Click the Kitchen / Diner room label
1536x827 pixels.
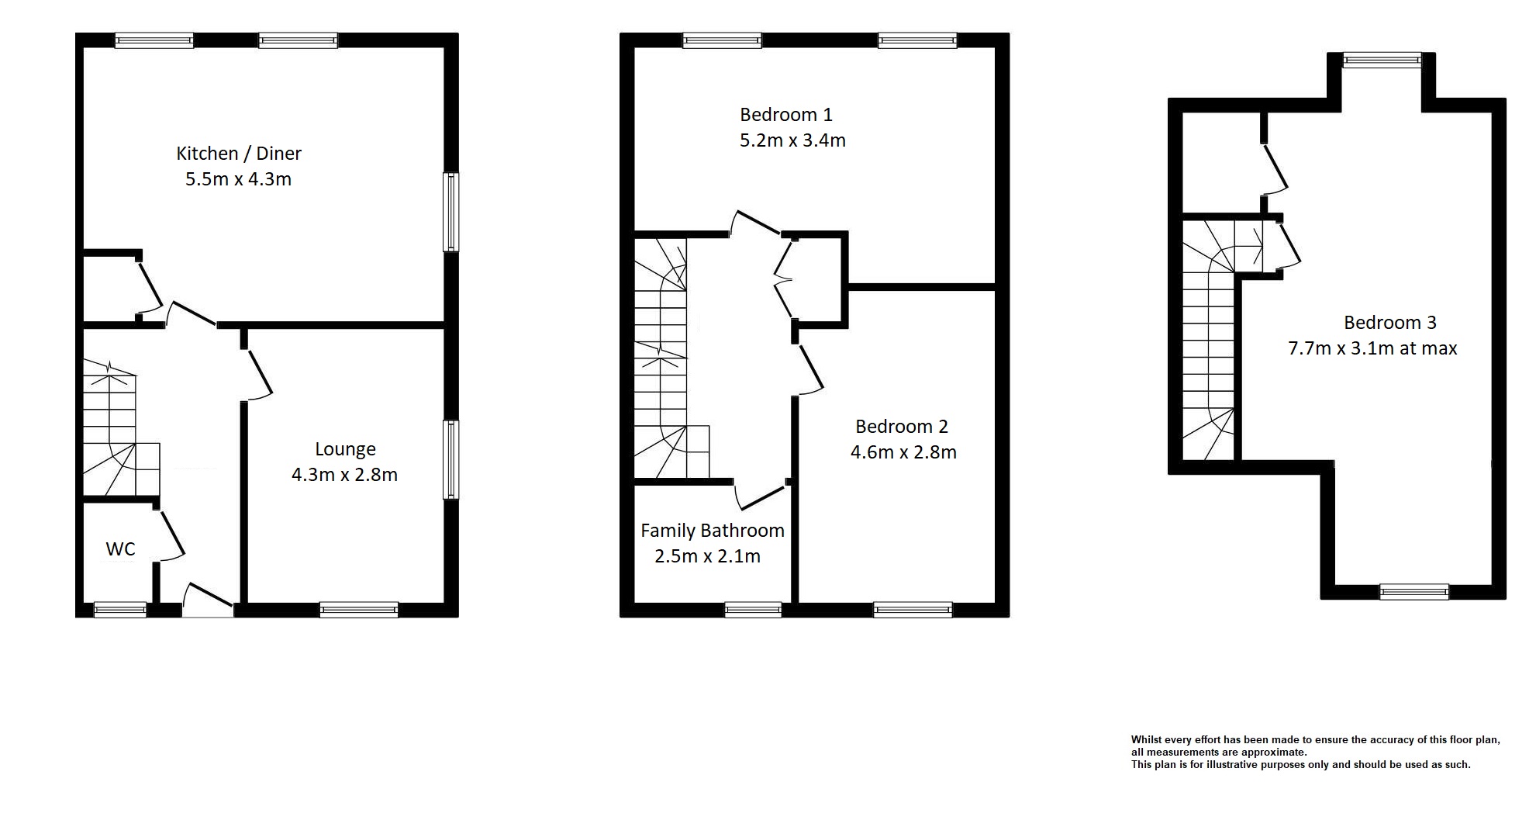click(x=238, y=154)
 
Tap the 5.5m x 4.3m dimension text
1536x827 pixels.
click(x=238, y=179)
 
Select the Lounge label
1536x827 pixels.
click(x=345, y=449)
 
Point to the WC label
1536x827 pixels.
click(x=120, y=549)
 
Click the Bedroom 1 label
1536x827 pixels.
click(x=785, y=115)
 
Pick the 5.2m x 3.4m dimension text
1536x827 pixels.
click(x=792, y=140)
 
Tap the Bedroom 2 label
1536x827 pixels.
click(x=901, y=427)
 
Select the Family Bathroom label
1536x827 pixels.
click(x=712, y=531)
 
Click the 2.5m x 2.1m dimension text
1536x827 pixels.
click(x=707, y=556)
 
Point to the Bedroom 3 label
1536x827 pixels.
click(x=1389, y=323)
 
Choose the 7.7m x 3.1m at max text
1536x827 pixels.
click(x=1372, y=348)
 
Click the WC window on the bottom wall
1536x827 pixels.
click(x=120, y=610)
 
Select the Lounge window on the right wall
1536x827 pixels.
click(x=450, y=459)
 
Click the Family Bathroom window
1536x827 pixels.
click(x=753, y=610)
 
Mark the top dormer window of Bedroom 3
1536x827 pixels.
click(x=1382, y=60)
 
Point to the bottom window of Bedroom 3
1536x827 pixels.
click(x=1413, y=592)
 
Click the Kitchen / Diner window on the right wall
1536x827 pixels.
click(x=450, y=212)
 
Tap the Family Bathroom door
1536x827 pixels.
click(x=761, y=496)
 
